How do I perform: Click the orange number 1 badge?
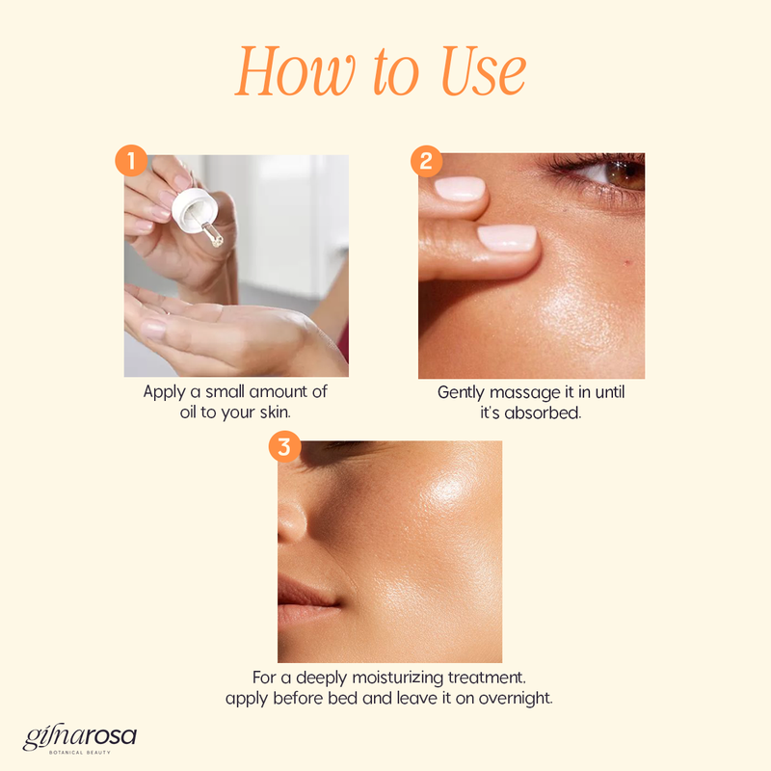[x=131, y=160]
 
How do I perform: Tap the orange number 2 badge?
[x=426, y=161]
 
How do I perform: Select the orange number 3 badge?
[x=284, y=446]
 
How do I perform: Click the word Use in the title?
[x=484, y=71]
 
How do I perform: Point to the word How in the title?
[x=295, y=71]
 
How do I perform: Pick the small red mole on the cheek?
[x=627, y=263]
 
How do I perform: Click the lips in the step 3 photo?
[x=307, y=598]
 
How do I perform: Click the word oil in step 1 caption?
[x=188, y=412]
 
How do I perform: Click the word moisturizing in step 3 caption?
[x=398, y=678]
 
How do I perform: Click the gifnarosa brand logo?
[x=80, y=737]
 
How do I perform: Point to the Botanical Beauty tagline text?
[x=80, y=753]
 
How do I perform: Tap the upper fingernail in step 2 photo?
[x=460, y=189]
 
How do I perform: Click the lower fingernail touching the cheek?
[x=507, y=238]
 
